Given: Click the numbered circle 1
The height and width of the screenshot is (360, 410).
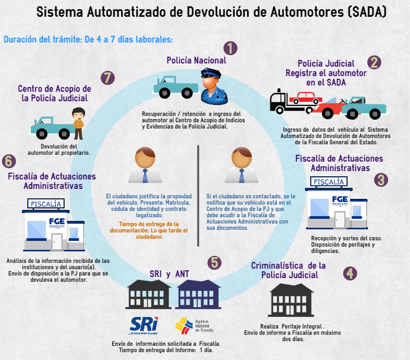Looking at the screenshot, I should [230, 48].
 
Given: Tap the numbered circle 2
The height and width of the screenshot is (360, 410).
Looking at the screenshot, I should [374, 62].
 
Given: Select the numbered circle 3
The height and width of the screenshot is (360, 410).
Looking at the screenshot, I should [382, 179].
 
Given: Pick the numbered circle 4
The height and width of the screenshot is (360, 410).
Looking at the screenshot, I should [350, 273].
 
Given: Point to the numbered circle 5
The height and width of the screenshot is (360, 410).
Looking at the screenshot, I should [214, 262].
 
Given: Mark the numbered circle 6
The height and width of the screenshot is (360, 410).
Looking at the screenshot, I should [9, 161].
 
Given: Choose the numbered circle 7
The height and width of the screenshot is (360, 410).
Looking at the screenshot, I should [108, 78].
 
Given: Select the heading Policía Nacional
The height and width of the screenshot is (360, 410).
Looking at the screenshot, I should [196, 60].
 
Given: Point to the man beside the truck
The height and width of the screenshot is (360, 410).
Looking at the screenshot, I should [78, 122].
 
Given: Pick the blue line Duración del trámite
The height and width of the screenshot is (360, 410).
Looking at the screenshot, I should [88, 39].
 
